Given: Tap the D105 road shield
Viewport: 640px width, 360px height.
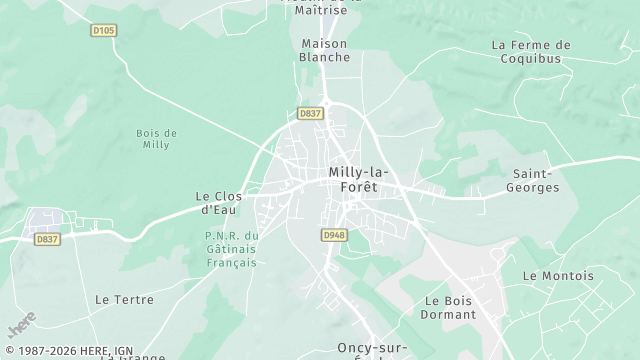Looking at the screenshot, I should [103, 30].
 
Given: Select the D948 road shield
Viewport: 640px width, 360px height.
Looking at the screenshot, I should [333, 235].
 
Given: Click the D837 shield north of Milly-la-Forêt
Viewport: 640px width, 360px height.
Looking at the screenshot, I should [310, 114].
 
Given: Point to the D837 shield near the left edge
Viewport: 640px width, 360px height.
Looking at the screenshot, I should [47, 239].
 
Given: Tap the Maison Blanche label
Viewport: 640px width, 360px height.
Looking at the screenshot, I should [325, 50].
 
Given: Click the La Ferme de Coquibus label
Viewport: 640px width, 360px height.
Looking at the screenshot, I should [531, 51].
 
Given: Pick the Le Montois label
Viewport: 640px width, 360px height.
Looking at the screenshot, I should [558, 276].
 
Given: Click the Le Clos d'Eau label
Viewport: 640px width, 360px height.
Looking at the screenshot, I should [218, 203].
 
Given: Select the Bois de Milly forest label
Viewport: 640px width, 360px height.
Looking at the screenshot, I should [156, 139].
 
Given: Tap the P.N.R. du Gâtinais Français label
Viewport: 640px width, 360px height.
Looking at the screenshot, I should [231, 248].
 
